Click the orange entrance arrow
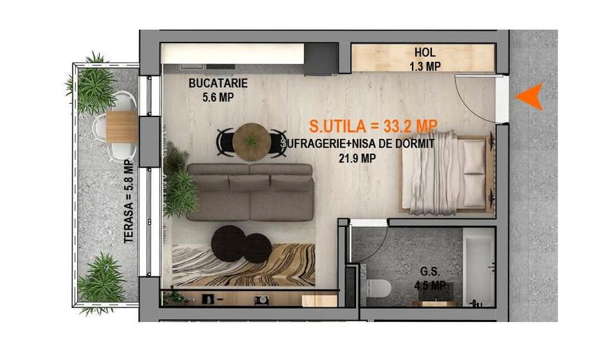tap(531, 96)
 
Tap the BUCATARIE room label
tap(218, 83)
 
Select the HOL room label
tap(425, 53)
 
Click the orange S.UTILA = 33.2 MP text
tap(373, 126)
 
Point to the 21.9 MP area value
tap(357, 158)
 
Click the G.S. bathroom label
tap(430, 271)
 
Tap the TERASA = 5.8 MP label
tap(128, 202)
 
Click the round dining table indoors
tap(252, 142)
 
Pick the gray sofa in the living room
tap(250, 192)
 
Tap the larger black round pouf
tap(229, 243)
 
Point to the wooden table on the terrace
tap(122, 126)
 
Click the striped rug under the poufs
tap(244, 265)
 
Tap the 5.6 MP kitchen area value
tap(218, 97)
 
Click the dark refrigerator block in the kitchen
tap(321, 59)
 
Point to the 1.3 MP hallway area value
tap(425, 67)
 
